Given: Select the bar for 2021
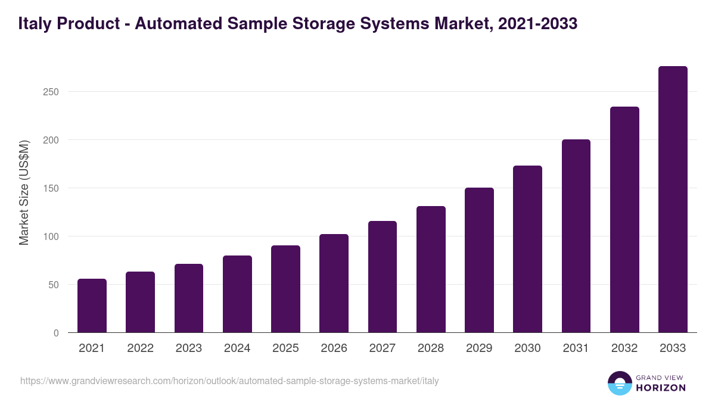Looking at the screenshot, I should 92,306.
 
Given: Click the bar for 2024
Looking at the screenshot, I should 237,294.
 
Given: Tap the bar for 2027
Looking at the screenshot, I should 383,277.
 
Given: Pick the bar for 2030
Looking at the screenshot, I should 528,249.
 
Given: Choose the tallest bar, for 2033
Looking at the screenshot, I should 673,200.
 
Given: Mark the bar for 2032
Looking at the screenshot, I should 624,220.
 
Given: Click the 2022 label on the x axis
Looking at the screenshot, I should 140,348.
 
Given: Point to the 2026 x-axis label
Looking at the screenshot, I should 334,348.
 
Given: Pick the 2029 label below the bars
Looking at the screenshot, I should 479,348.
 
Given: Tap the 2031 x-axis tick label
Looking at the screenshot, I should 576,348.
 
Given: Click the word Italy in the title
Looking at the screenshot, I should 32,24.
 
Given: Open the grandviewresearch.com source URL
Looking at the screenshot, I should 229,381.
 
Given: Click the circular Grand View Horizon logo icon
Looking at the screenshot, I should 619,383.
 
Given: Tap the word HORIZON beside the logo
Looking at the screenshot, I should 661,388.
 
